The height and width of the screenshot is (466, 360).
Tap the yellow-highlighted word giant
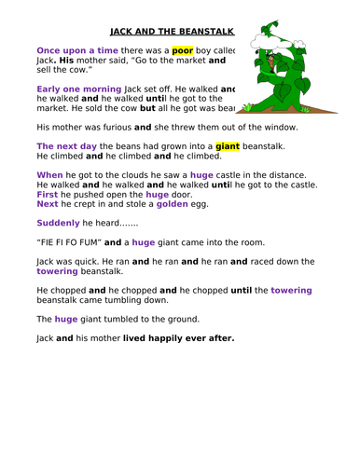[228, 146]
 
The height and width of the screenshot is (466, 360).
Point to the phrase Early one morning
[78, 89]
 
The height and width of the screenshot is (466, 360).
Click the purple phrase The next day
[66, 146]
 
